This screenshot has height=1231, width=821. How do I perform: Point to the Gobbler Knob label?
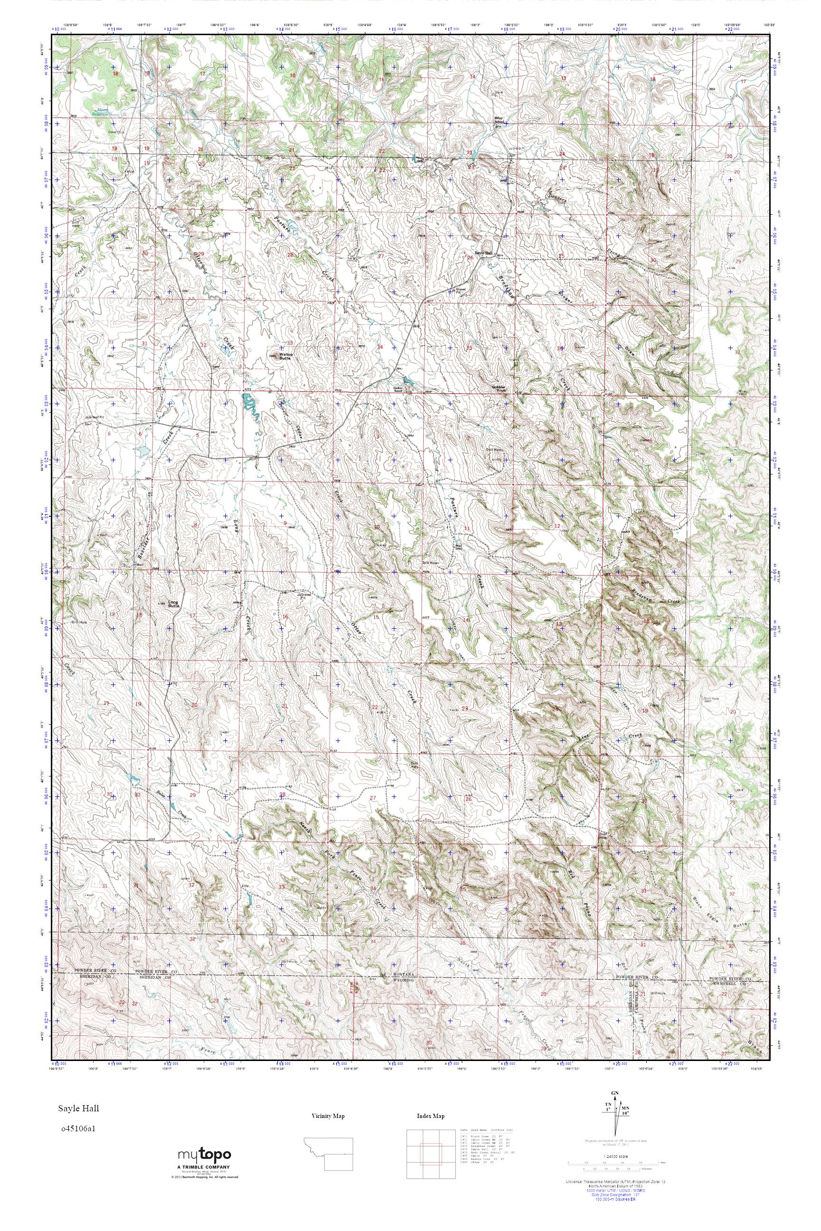(x=499, y=388)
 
